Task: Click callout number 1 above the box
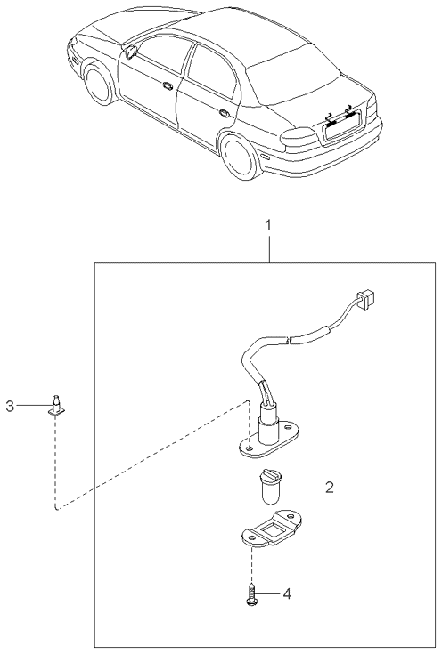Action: tap(269, 226)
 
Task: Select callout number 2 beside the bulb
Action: tap(330, 488)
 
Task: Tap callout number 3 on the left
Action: tap(10, 406)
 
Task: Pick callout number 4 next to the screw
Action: tap(287, 593)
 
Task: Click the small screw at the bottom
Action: tap(251, 594)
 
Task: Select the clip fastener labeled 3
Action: tap(56, 406)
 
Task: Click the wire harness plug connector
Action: tap(366, 297)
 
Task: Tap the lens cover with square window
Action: tap(271, 529)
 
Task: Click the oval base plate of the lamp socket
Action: tap(268, 445)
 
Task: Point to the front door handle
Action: tap(168, 86)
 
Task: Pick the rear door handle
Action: tap(224, 113)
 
